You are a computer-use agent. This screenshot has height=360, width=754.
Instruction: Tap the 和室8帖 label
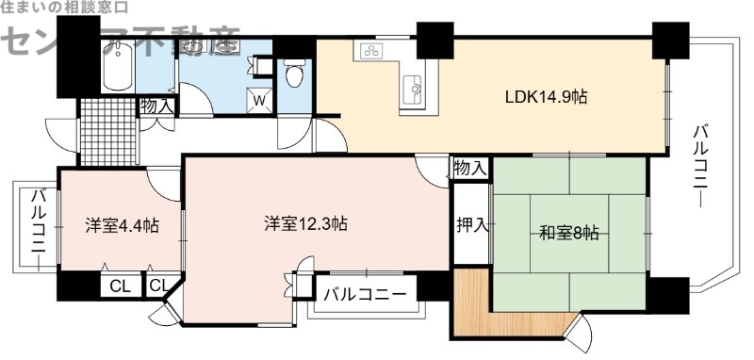tap(569, 232)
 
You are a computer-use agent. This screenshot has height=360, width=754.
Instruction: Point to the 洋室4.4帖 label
tap(122, 225)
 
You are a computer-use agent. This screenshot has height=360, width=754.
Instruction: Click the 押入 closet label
tap(471, 225)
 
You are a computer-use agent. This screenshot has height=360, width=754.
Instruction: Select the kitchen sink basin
tap(414, 91)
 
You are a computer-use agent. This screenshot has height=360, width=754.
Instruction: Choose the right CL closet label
tap(158, 286)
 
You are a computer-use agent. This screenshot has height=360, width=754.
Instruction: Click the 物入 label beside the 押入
tap(469, 170)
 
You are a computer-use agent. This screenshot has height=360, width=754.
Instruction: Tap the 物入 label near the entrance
tap(156, 106)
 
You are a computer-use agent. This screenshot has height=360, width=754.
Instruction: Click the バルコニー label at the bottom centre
tap(365, 294)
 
